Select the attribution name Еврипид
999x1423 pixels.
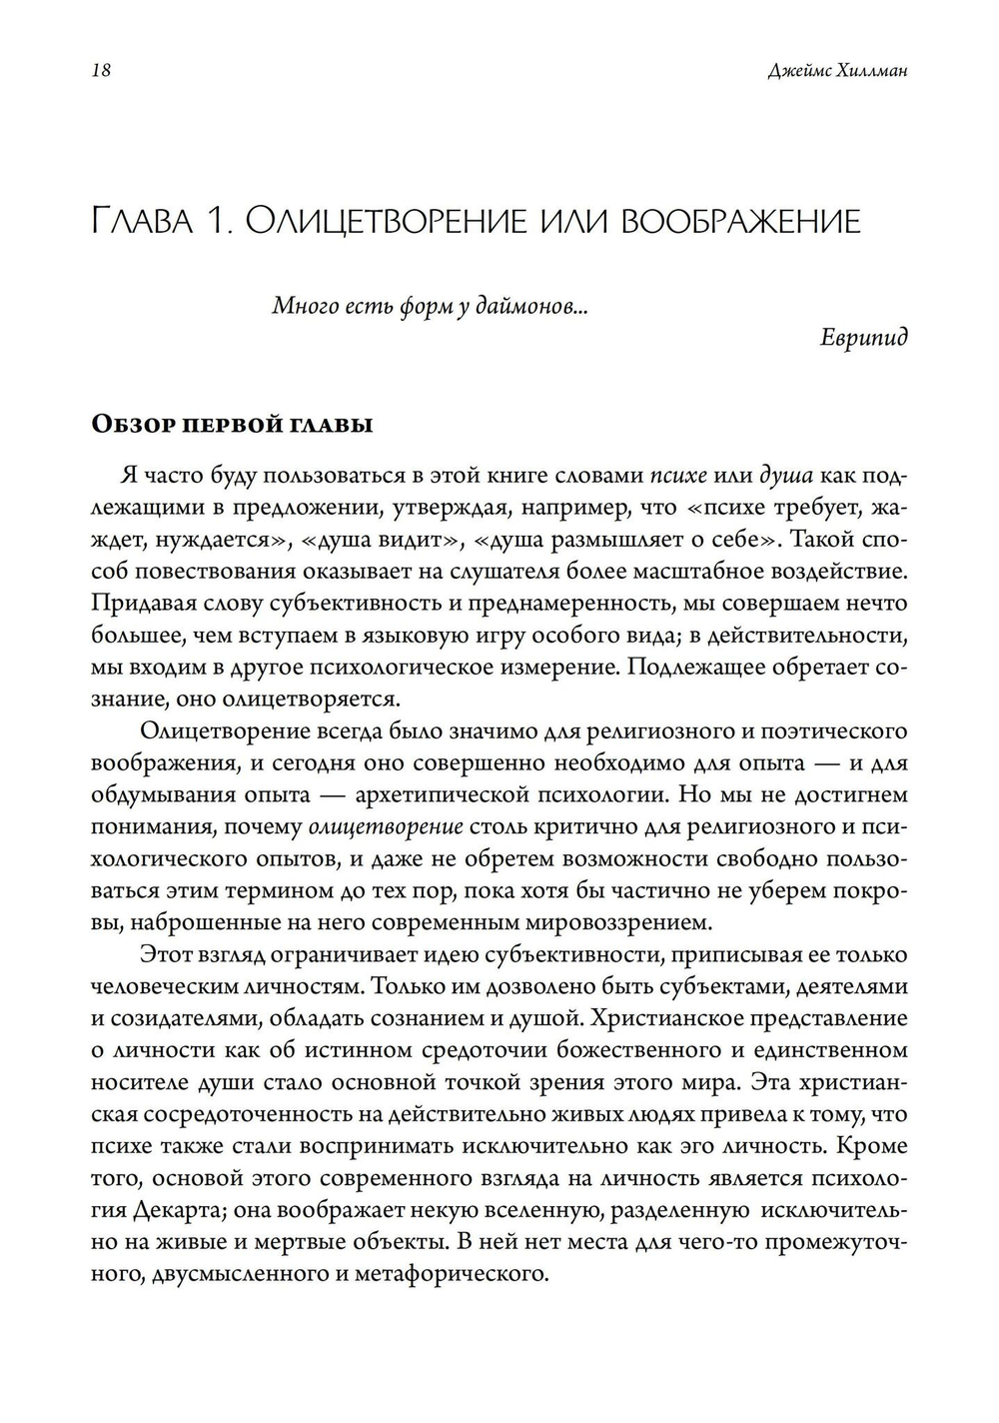(x=864, y=336)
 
